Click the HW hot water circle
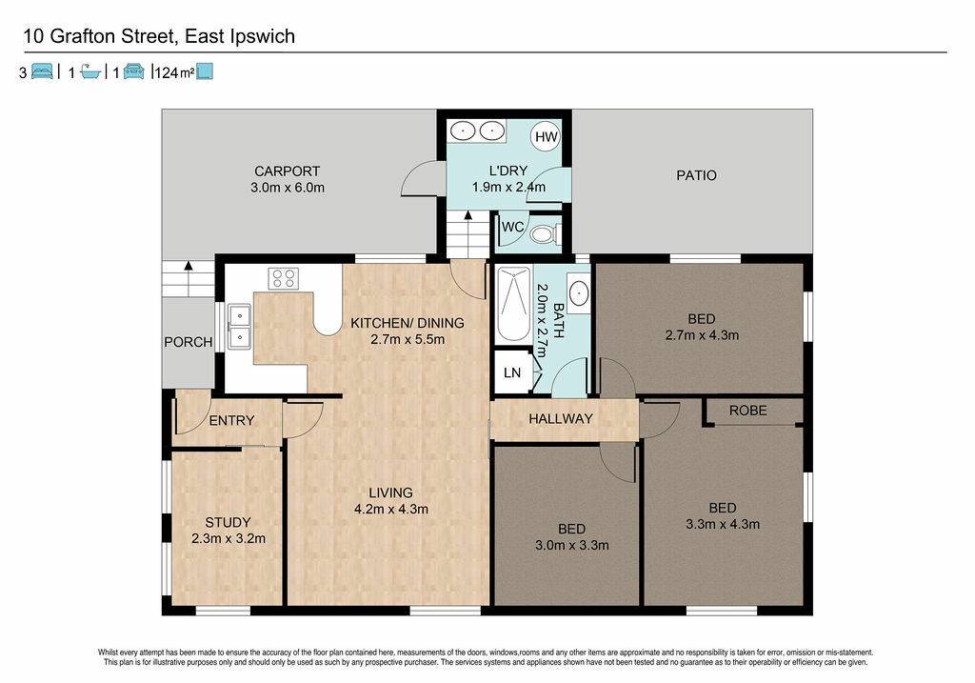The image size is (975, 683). (x=546, y=136)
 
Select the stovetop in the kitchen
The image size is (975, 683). (x=284, y=278)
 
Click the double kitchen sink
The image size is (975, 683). (x=239, y=326)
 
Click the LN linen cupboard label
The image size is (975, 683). (x=512, y=372)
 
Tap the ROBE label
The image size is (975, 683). (x=748, y=411)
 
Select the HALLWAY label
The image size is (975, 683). (x=560, y=418)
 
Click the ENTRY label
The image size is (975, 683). (x=231, y=420)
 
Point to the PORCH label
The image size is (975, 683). (x=188, y=341)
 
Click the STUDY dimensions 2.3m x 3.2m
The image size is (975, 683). (x=229, y=539)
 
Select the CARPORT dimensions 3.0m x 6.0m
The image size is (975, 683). (x=288, y=188)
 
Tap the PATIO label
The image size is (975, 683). (x=696, y=175)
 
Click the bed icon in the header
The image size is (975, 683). (x=42, y=71)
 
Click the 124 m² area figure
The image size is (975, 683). (x=174, y=72)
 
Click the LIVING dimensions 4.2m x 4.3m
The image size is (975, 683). (x=391, y=509)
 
